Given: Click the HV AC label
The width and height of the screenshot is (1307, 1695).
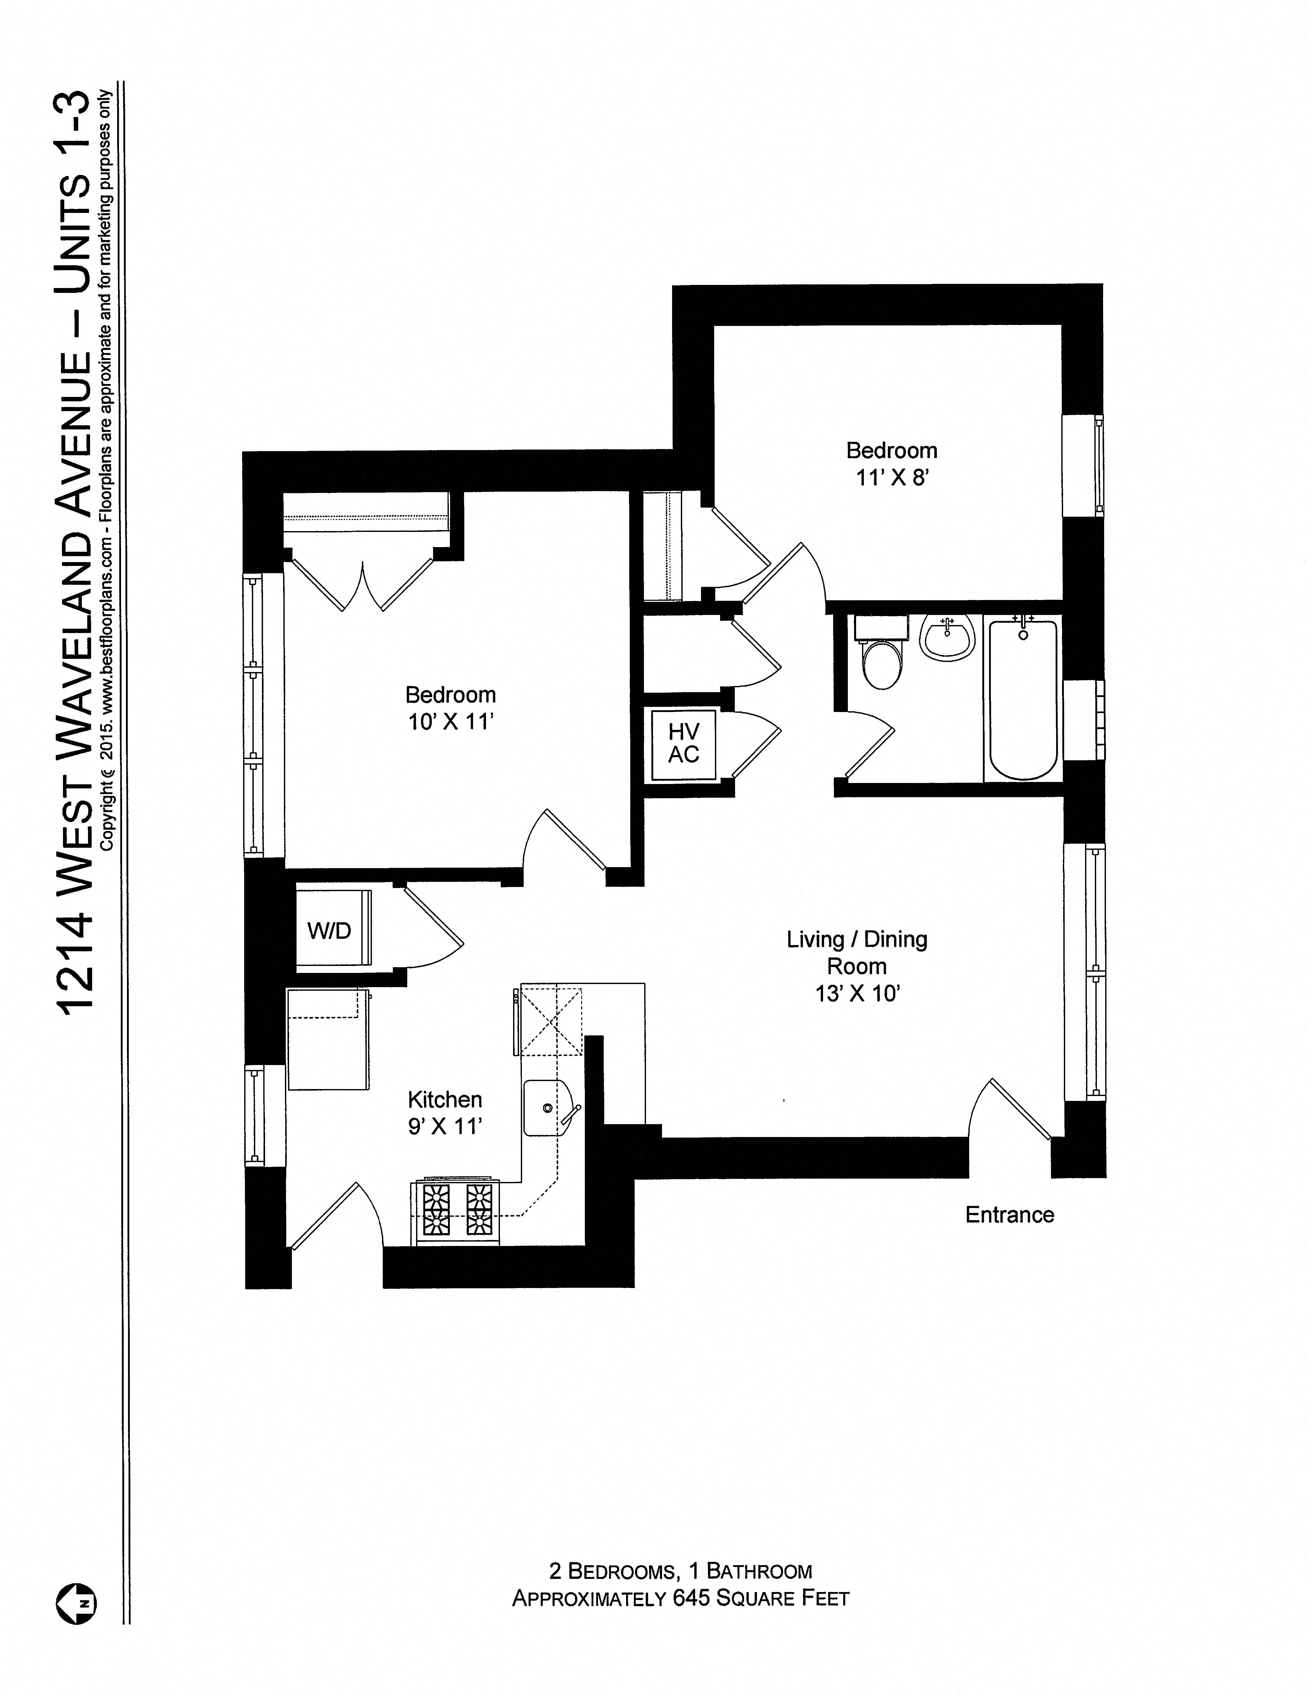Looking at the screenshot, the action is tap(684, 743).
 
